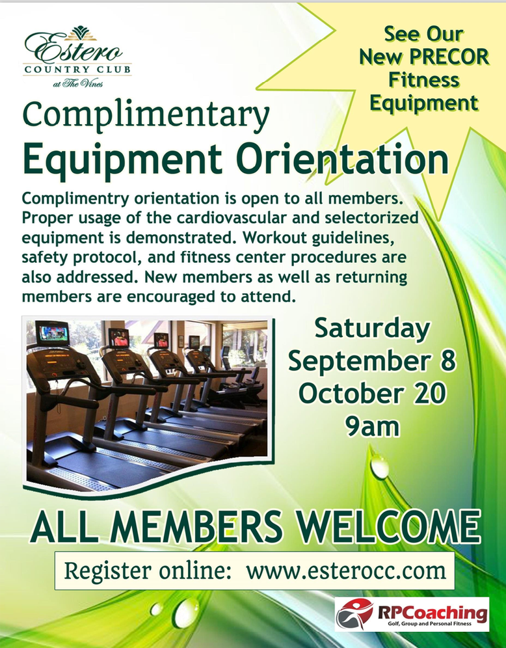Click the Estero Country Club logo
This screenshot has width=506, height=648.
pyautogui.click(x=77, y=57)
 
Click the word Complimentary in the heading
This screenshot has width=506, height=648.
pyautogui.click(x=146, y=116)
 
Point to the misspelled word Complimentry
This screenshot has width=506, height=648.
pyautogui.click(x=75, y=199)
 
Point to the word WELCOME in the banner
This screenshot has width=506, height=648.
pyautogui.click(x=389, y=528)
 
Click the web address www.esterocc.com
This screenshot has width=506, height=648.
pyautogui.click(x=346, y=571)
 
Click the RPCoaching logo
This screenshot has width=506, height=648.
pyautogui.click(x=412, y=614)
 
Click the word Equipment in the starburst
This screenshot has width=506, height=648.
pyautogui.click(x=424, y=103)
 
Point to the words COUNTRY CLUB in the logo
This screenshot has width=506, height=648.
pyautogui.click(x=77, y=70)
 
